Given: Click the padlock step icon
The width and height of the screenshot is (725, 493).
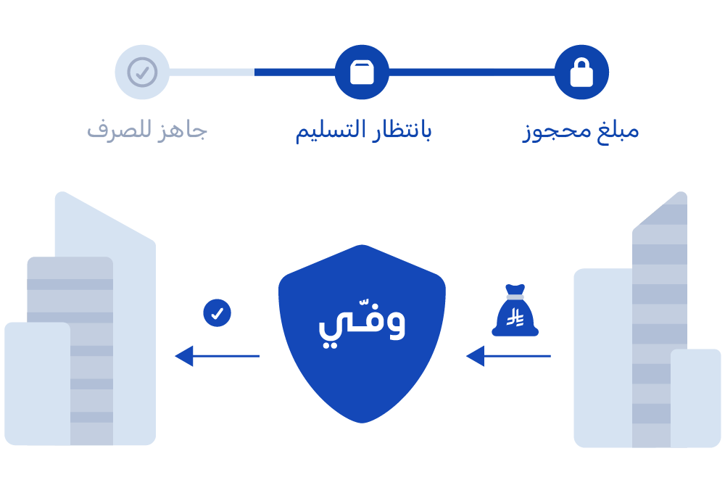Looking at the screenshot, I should click(581, 72).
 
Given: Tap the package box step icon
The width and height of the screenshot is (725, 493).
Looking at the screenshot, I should click(362, 72).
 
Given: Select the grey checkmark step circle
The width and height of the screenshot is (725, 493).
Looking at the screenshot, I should click(142, 72).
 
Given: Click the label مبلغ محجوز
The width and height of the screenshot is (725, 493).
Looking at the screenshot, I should click(581, 131).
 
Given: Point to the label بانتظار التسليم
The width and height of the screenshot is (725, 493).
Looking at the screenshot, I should click(362, 131).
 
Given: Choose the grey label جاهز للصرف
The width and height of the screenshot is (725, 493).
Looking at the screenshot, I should click(147, 131).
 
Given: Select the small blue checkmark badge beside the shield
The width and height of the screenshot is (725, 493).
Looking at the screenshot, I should click(217, 313).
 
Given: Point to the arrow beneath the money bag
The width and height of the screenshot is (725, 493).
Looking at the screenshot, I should click(507, 356).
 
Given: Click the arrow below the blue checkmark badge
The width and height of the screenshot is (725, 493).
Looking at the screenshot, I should click(217, 356).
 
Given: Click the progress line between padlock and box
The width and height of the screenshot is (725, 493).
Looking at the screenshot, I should click(471, 72).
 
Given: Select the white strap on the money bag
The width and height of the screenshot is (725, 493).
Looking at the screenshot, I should click(515, 297).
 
